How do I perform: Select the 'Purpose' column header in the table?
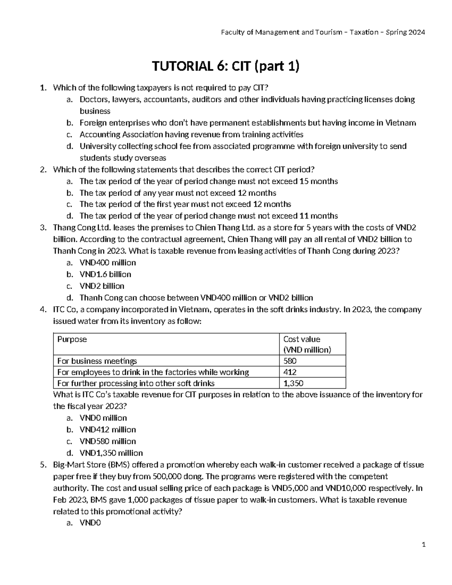72,339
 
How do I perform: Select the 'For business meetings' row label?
97,361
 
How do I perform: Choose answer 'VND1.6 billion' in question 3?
105,274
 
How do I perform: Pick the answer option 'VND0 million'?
103,418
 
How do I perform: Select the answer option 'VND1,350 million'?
111,453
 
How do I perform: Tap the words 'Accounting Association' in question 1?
121,134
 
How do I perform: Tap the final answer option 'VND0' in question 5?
90,523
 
